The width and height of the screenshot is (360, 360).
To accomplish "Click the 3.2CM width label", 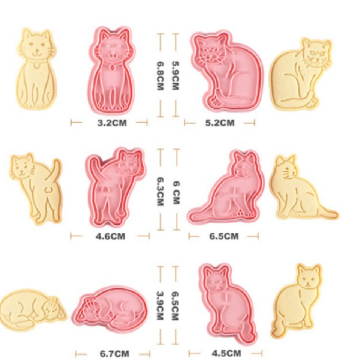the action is pyautogui.click(x=112, y=123).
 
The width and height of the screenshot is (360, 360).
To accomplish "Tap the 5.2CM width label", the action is pyautogui.click(x=220, y=123).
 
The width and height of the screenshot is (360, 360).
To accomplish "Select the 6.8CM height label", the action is pyautogui.click(x=160, y=75).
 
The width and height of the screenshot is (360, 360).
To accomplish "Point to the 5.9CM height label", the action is pyautogui.click(x=175, y=75).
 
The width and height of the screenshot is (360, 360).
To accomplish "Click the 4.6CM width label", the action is pyautogui.click(x=110, y=236).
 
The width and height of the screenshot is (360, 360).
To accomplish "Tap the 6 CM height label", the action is pyautogui.click(x=176, y=193).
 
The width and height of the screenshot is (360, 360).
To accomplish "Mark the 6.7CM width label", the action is pyautogui.click(x=114, y=353).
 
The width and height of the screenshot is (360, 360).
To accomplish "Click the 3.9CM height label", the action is pyautogui.click(x=160, y=306).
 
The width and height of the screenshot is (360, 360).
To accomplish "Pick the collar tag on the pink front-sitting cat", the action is pyautogui.click(x=112, y=67).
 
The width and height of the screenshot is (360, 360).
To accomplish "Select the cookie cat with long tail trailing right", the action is pyautogui.click(x=303, y=187).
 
